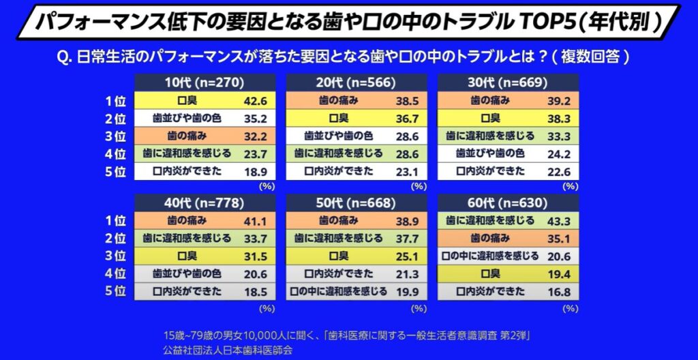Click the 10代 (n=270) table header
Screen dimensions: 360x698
coord(204,83)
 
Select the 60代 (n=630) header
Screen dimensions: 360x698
coord(508,202)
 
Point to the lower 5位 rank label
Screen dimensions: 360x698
coord(116,291)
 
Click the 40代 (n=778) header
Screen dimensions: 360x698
coord(204,202)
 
